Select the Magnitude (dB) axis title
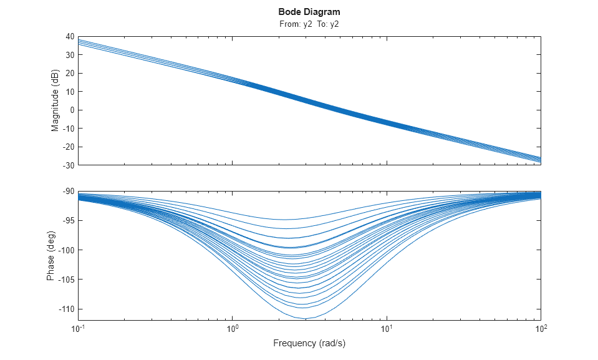[x=55, y=101]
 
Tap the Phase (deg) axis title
[x=51, y=256]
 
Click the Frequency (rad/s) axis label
[x=309, y=343]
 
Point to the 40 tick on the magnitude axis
[x=70, y=37]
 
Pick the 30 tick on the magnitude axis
[x=70, y=55]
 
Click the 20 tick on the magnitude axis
[x=70, y=74]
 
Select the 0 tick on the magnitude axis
[x=72, y=110]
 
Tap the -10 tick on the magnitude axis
[x=68, y=129]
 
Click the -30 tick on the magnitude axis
[x=68, y=165]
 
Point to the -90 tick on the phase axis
[x=68, y=192]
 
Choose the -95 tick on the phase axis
[x=68, y=221]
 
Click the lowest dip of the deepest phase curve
[x=307, y=318]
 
